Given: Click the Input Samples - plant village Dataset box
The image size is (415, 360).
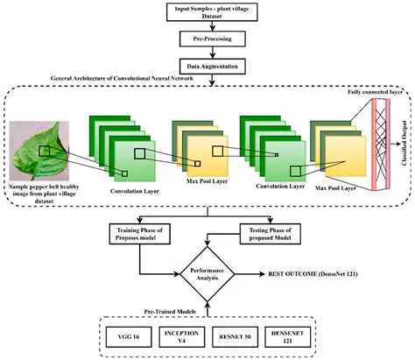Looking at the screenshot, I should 207,12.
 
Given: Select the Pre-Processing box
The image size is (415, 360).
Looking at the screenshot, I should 207,40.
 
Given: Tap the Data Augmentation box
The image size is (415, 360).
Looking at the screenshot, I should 207,65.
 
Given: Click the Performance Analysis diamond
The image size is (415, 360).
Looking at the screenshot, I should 207,273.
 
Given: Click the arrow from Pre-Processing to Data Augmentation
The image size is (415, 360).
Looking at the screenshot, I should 207,53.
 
